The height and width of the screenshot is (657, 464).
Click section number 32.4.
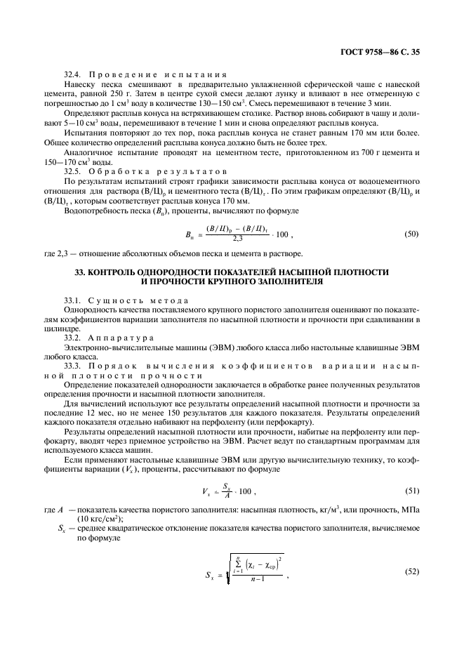click(74, 74)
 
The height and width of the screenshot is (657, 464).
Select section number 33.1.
click(74, 300)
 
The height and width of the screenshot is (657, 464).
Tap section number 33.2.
click(74, 338)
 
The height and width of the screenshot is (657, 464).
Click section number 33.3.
click(74, 366)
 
